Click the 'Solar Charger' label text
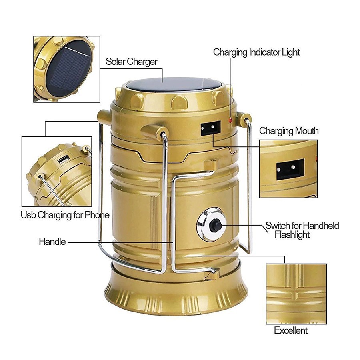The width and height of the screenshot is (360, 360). [x=132, y=62]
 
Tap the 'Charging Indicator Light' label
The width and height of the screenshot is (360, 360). [x=256, y=52]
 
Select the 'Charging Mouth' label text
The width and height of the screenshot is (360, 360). [x=289, y=131]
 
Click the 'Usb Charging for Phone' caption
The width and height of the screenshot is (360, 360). [x=65, y=215]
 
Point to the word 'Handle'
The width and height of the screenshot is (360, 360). [x=52, y=242]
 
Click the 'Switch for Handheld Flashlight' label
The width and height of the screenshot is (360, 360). [x=302, y=230]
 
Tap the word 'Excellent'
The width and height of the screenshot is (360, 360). [x=291, y=330]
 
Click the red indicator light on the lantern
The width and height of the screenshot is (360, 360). [x=230, y=120]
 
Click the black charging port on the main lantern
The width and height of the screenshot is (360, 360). [x=210, y=128]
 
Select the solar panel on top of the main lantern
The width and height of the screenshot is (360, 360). [x=174, y=84]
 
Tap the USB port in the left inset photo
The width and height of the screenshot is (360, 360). [x=64, y=159]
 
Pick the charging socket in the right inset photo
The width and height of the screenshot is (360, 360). [x=290, y=169]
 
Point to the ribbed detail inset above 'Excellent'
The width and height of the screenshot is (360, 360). [x=296, y=294]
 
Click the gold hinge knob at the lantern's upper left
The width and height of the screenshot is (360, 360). [x=104, y=117]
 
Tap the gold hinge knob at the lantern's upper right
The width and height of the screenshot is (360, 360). [x=243, y=120]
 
